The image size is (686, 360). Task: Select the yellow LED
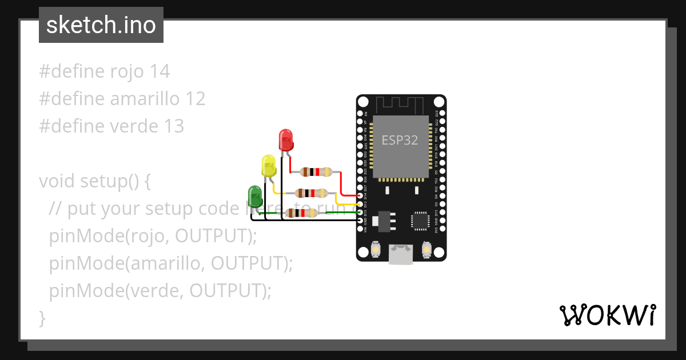pyautogui.click(x=269, y=166)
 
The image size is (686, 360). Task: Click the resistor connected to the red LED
pyautogui.click(x=316, y=171)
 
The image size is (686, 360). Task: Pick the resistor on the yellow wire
pyautogui.click(x=311, y=193)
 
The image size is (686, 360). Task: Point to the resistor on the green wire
pyautogui.click(x=301, y=213)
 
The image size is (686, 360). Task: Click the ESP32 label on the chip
pyautogui.click(x=400, y=140)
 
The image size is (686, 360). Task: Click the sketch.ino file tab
pyautogui.click(x=101, y=25)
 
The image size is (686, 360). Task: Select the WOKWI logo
pyautogui.click(x=607, y=315)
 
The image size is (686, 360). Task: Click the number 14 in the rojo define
pyautogui.click(x=159, y=71)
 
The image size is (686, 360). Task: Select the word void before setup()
pyautogui.click(x=57, y=181)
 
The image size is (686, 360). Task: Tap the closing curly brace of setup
pyautogui.click(x=42, y=318)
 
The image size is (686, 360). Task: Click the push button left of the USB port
pyautogui.click(x=376, y=249)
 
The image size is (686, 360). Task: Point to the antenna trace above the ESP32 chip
pyautogui.click(x=400, y=104)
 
